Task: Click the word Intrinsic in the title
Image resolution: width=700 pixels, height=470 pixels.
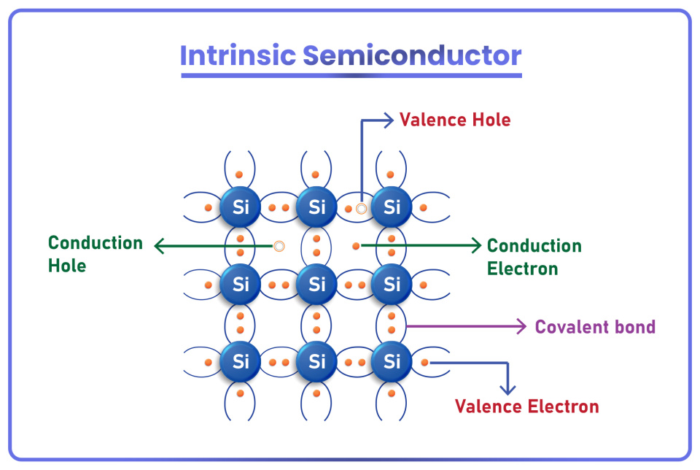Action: tap(238, 56)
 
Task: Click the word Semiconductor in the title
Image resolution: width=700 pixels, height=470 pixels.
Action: tap(412, 56)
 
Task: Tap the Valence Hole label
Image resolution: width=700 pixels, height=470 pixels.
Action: tap(455, 119)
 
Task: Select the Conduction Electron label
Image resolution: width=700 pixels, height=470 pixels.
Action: tap(534, 257)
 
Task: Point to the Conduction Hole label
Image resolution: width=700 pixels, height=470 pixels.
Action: tap(96, 254)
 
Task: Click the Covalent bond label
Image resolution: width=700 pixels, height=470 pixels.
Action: tap(595, 327)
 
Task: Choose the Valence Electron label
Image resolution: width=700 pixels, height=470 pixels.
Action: tap(526, 407)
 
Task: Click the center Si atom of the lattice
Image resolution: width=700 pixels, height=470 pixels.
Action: tap(316, 284)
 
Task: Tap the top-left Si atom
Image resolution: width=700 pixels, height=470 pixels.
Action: tap(241, 207)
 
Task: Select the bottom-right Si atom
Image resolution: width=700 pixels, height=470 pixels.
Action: tap(392, 361)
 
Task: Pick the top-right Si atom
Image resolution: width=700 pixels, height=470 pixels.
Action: tap(392, 207)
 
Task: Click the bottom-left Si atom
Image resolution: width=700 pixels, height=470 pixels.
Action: tap(241, 361)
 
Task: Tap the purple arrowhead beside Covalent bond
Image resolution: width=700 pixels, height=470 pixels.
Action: tap(521, 327)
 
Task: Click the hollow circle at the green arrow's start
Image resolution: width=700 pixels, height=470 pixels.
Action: tap(278, 246)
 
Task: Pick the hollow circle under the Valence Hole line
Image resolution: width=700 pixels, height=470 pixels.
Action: tap(361, 209)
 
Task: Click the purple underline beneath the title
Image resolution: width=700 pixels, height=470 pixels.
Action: tap(351, 75)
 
